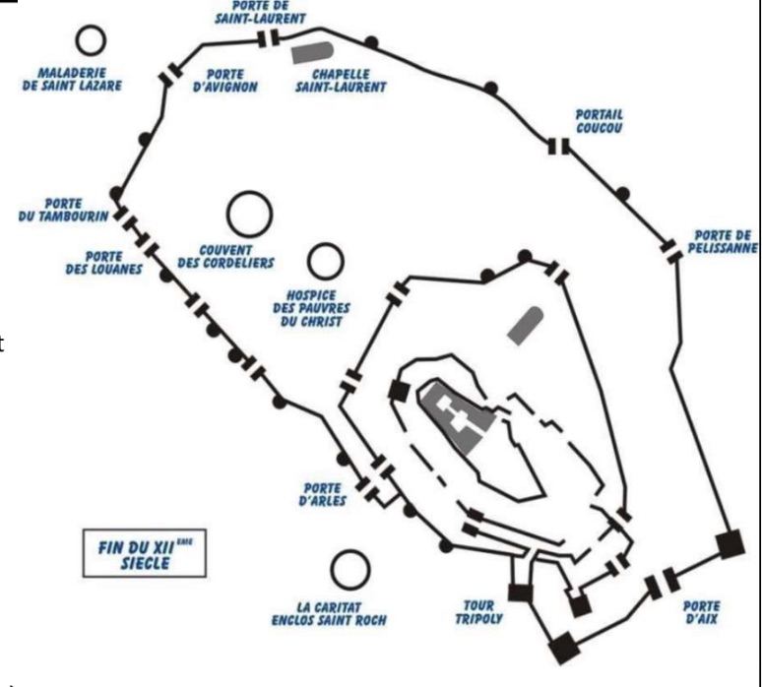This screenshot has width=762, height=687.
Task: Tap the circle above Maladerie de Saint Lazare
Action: [92, 40]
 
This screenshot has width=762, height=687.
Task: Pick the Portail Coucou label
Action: [600, 120]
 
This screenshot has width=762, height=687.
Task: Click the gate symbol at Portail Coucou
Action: [559, 147]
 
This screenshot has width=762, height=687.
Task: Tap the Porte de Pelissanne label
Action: [723, 241]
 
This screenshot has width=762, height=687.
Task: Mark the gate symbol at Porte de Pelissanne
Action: [673, 251]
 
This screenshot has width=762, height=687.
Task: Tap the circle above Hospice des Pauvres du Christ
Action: [325, 261]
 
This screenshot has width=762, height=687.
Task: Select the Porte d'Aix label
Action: [700, 613]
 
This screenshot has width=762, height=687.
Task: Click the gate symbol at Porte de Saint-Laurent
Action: [269, 38]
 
